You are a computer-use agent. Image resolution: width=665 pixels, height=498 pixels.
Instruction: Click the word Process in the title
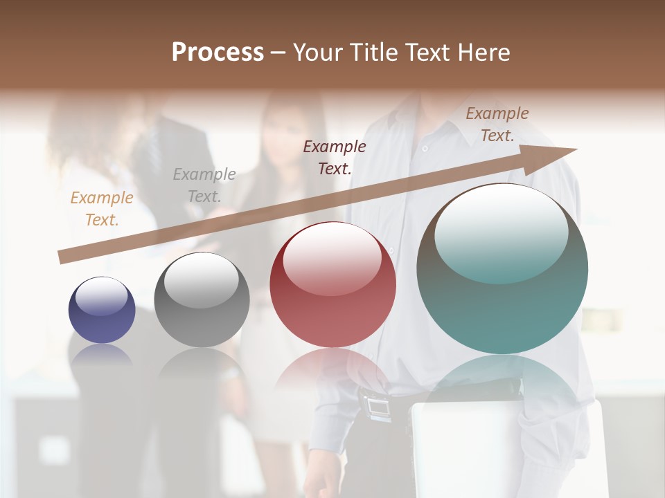click(218, 53)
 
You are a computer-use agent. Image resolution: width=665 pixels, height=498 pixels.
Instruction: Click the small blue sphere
click(102, 311)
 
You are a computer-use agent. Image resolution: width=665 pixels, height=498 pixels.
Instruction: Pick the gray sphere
click(202, 300)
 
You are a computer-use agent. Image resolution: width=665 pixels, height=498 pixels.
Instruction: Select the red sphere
click(332, 285)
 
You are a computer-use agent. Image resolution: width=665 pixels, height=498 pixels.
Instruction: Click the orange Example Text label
click(102, 208)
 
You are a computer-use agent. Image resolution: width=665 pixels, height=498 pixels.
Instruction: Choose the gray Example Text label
click(204, 185)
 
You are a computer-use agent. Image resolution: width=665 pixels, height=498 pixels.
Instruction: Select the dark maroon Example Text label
click(335, 157)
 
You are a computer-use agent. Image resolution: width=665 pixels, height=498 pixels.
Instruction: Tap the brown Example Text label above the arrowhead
click(497, 124)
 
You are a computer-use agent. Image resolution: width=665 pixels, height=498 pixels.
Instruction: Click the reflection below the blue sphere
click(102, 356)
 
